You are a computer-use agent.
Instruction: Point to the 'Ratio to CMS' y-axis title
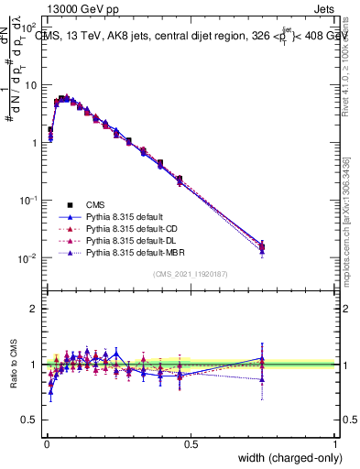tap(13, 365)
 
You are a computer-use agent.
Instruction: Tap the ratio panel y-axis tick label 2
tap(34, 309)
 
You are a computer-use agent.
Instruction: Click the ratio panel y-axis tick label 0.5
tap(29, 421)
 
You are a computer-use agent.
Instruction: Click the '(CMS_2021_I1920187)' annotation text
tap(191, 274)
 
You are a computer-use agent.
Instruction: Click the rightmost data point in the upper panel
tap(263, 246)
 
